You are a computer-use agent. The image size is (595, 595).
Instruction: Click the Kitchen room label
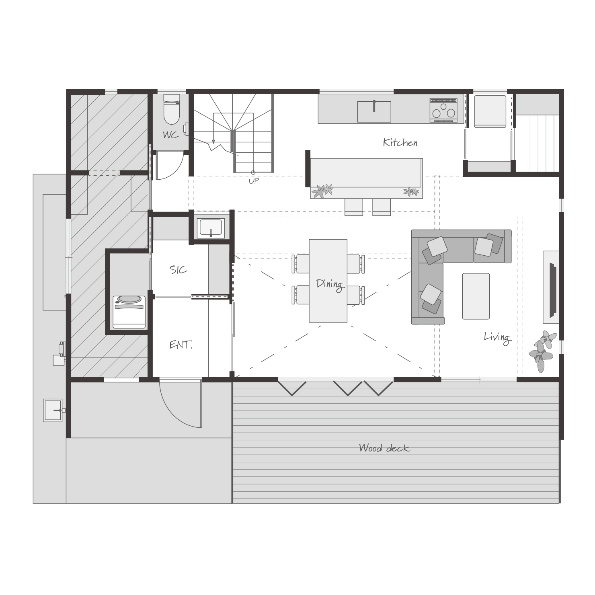tap(400, 142)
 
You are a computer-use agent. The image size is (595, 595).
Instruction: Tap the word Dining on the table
tap(330, 284)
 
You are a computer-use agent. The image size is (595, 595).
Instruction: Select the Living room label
tap(497, 337)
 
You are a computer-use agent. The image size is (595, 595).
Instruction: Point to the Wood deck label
tap(384, 448)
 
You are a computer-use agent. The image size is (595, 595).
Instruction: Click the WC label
tap(170, 135)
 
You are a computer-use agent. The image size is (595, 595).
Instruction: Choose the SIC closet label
tap(178, 270)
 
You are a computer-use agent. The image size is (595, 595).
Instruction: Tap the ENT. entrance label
tap(181, 345)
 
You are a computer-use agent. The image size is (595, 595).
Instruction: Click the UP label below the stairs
tap(254, 181)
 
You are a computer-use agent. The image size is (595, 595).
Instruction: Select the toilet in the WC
tap(172, 109)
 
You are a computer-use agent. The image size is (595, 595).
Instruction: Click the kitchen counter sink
tap(374, 111)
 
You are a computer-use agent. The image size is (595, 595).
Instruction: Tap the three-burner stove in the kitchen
tap(443, 110)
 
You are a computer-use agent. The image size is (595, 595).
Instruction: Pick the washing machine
tap(129, 312)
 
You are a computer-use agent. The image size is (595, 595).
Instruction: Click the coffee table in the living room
tap(476, 296)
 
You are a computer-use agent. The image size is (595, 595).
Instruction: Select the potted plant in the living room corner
tap(543, 351)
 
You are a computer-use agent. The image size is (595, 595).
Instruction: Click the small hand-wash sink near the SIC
tap(211, 228)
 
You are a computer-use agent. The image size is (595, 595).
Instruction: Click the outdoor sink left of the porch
tap(53, 410)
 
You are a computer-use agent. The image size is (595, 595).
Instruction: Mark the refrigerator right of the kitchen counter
tap(490, 111)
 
